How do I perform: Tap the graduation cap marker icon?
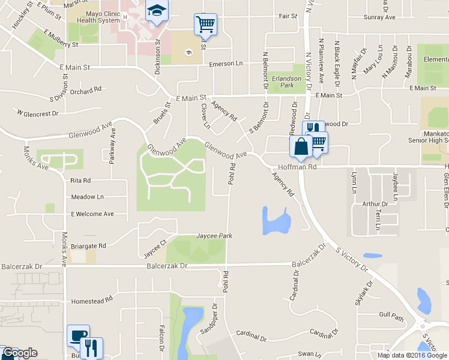157,11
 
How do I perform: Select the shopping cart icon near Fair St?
205,25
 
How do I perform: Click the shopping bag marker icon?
300,146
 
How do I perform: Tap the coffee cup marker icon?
78,335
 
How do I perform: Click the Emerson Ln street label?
226,64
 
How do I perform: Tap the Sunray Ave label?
379,17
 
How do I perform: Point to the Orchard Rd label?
85,91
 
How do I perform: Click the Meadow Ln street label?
87,197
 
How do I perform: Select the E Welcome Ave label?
92,214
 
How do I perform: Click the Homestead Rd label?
92,301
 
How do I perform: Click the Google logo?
19,353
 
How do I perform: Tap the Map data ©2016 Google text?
412,355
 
